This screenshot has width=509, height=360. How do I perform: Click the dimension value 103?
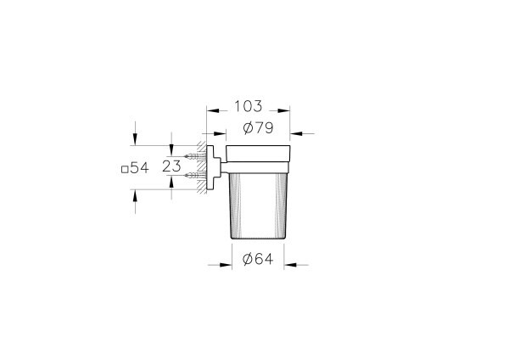click(x=249, y=107)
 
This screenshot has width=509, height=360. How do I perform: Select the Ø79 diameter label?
click(x=253, y=129)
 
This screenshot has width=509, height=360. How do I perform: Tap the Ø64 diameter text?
click(x=252, y=262)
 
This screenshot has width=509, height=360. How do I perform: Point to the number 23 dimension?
click(x=171, y=167)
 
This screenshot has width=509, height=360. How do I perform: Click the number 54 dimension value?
click(x=140, y=168)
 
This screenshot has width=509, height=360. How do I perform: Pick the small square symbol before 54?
click(x=125, y=169)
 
